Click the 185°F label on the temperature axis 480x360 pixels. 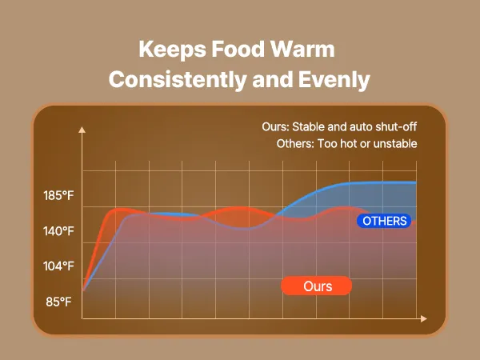pyautogui.click(x=58, y=196)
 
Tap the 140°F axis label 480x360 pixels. pyautogui.click(x=58, y=231)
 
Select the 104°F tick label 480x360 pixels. pyautogui.click(x=58, y=266)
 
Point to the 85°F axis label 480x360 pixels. pyautogui.click(x=58, y=302)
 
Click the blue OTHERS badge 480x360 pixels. pyautogui.click(x=384, y=221)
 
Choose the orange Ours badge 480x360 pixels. pyautogui.click(x=318, y=286)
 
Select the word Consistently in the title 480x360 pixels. pyautogui.click(x=180, y=80)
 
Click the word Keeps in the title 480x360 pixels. pyautogui.click(x=170, y=49)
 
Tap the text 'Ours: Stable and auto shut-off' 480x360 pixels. pyautogui.click(x=339, y=127)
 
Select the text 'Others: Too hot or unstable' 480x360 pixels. pyautogui.click(x=346, y=144)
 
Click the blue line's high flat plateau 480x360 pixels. pyautogui.click(x=376, y=183)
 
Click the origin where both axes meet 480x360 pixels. pyautogui.click(x=82, y=318)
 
